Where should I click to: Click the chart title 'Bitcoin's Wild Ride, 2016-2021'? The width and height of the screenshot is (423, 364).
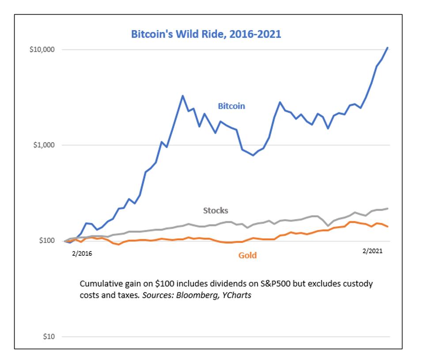click(206, 34)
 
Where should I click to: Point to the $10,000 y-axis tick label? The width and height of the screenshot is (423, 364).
click(42, 49)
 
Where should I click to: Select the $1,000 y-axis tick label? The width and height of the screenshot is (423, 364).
click(43, 145)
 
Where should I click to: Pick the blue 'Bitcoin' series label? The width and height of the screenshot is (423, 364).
click(231, 106)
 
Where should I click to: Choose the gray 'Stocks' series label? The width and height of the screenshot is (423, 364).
click(215, 210)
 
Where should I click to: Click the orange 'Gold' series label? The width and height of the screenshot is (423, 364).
click(247, 255)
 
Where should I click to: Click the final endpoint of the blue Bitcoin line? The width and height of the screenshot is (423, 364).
click(388, 47)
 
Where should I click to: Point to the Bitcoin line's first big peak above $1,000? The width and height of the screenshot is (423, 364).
click(183, 95)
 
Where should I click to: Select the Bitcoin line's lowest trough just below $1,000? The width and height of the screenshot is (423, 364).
click(253, 155)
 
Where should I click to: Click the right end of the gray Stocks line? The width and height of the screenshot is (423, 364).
click(388, 208)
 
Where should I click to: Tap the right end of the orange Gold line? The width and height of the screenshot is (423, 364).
click(388, 227)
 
